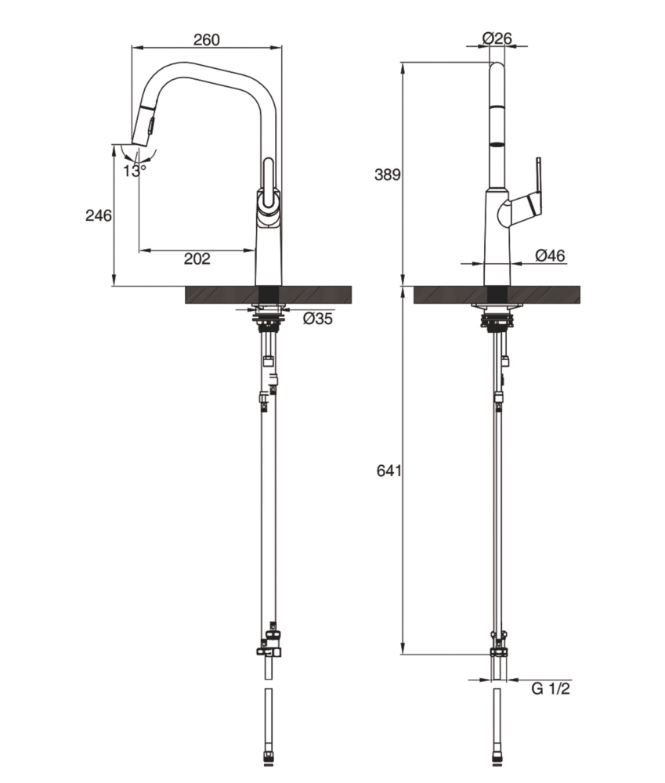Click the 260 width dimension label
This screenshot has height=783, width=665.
(207, 39)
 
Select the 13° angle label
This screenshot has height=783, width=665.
(135, 170)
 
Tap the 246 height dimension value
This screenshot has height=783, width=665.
(98, 215)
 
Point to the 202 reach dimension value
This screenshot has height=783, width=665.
(197, 259)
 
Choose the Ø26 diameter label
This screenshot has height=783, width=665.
(497, 38)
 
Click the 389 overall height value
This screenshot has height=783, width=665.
(387, 175)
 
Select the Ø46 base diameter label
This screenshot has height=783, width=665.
(550, 255)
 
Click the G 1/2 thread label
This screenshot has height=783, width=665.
(551, 689)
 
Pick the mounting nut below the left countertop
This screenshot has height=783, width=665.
(268, 319)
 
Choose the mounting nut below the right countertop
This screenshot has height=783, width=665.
(497, 319)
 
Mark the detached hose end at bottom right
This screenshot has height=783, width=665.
(497, 724)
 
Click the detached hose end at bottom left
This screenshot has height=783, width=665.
(269, 724)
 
